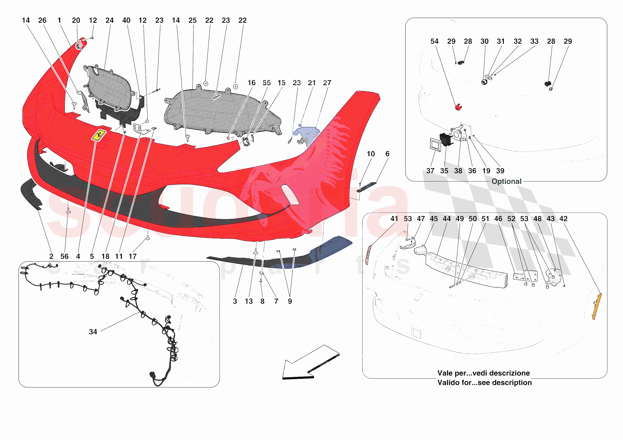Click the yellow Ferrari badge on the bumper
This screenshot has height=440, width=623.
(x=99, y=135)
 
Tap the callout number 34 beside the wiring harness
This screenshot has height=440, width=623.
(x=93, y=332)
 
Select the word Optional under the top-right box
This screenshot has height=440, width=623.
(x=506, y=181)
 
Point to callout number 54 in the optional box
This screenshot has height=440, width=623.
(x=434, y=41)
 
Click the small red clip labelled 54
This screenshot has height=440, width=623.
(x=458, y=107)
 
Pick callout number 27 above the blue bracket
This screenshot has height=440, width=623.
(x=327, y=83)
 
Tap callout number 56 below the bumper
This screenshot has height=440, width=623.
(x=64, y=256)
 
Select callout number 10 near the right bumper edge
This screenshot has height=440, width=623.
(x=371, y=154)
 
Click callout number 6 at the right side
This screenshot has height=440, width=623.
(x=387, y=154)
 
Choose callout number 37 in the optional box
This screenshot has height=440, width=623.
(x=430, y=171)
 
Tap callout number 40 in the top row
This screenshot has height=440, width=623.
(x=126, y=20)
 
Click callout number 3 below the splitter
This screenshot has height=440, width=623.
(x=235, y=301)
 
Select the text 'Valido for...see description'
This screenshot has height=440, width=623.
(x=484, y=383)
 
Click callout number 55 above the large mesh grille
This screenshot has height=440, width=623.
(x=266, y=83)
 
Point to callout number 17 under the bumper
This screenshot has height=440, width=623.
(x=132, y=256)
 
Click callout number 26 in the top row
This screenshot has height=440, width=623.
(x=42, y=20)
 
